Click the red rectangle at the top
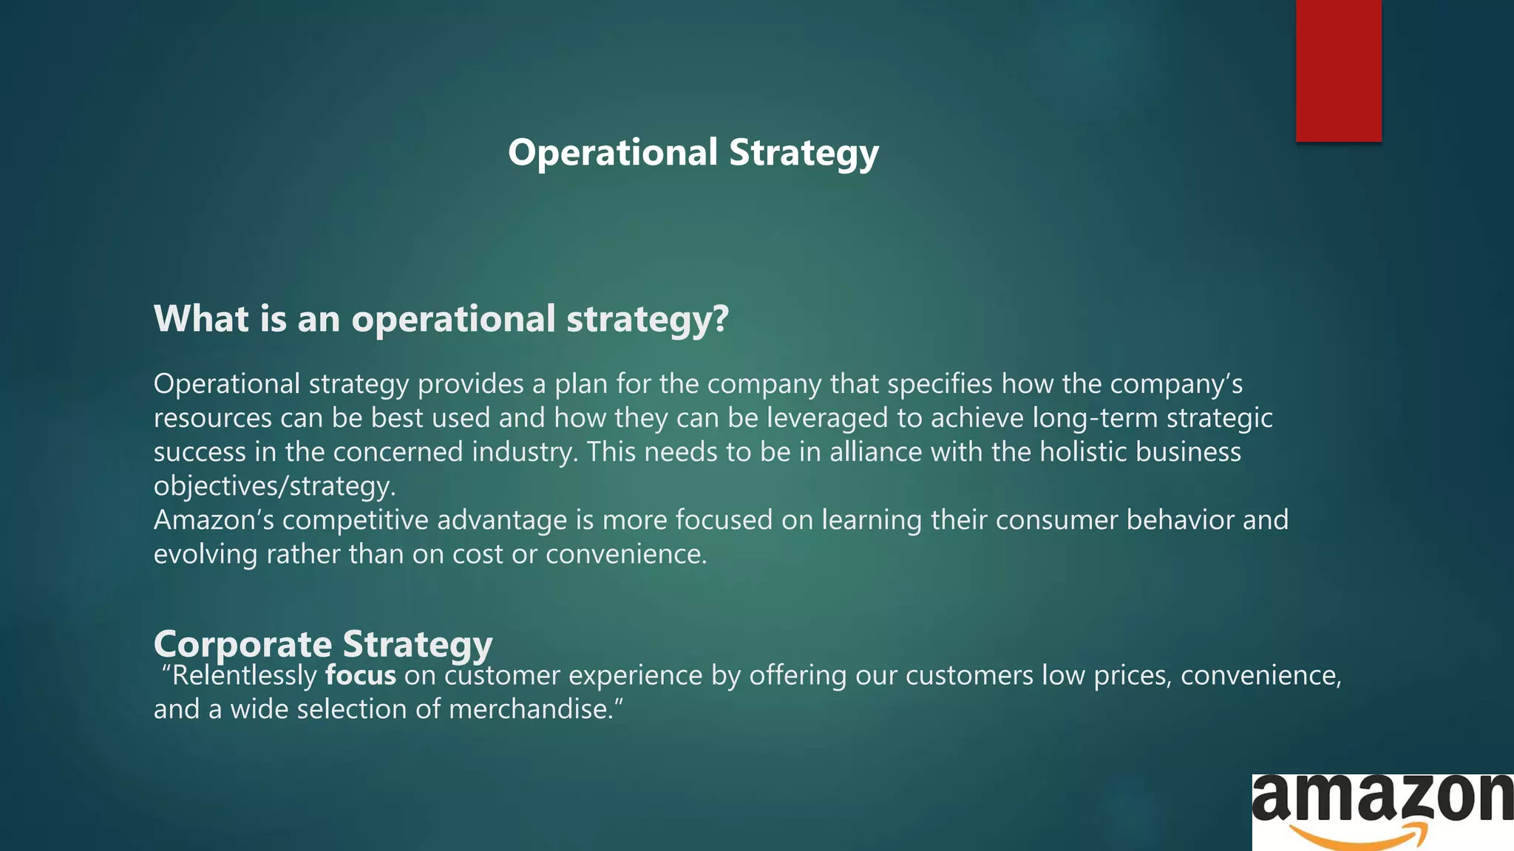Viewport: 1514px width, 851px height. pos(1338,70)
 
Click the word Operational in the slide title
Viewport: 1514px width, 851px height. pos(613,153)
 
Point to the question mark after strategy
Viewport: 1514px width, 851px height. pos(721,319)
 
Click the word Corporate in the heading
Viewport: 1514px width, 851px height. pos(242,644)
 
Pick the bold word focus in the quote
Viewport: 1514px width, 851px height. pos(361,675)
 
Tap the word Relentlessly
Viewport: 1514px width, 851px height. pos(244,675)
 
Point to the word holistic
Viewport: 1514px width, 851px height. pos(1083,452)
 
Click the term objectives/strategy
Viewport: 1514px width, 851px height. pos(274,486)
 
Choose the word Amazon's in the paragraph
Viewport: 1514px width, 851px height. pos(214,520)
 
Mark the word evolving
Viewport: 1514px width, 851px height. pos(206,554)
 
